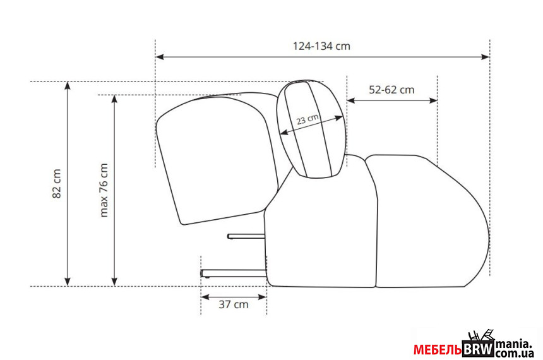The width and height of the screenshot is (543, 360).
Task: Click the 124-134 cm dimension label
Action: pos(321,46)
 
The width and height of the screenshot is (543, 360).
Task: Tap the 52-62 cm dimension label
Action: pos(391,90)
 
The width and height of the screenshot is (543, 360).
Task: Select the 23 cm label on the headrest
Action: pos(307,119)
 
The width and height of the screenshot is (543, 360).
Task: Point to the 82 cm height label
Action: pos(56,184)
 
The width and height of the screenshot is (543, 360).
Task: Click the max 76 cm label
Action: pos(104,190)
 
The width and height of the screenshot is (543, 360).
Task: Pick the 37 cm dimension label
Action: pos(234,304)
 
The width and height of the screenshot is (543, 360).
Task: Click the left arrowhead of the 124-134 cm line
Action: pos(159,57)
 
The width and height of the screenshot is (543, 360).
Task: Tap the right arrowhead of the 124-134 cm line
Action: pos(486,57)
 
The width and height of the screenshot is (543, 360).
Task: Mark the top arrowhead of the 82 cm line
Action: pos(68,86)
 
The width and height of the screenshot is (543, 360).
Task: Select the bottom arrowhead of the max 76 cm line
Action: pos(115,282)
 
